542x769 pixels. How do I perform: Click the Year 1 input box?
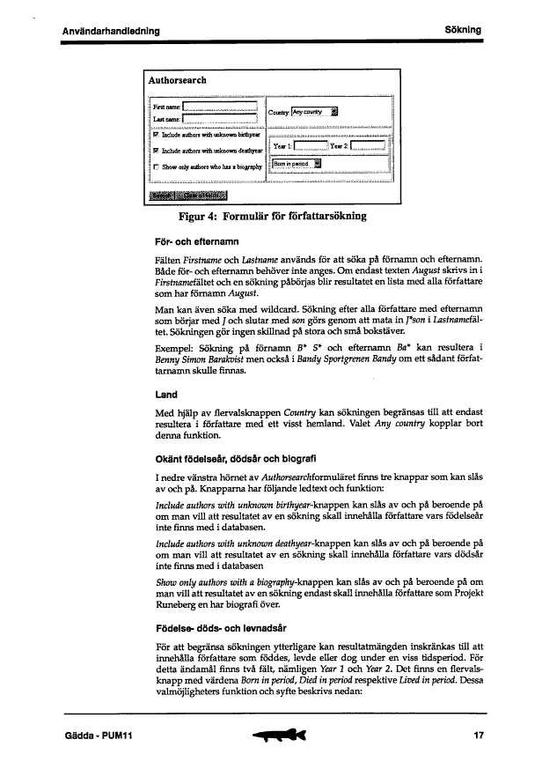[309, 146]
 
